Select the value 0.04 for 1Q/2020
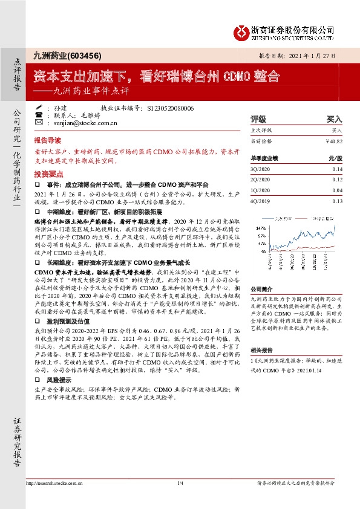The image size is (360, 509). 337,190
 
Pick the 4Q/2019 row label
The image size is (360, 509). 260,201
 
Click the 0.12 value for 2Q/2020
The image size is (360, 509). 337,180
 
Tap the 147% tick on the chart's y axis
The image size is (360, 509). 261,228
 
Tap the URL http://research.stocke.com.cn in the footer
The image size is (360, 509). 55,484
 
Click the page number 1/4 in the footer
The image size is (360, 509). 180,484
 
